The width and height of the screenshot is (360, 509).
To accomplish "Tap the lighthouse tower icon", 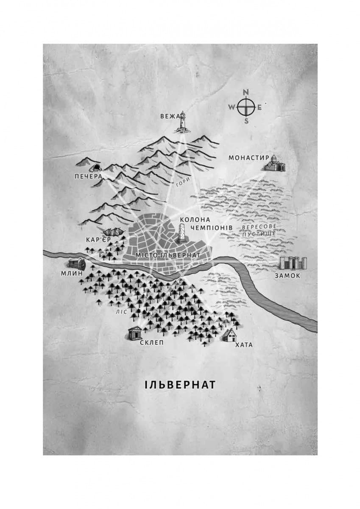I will pyautogui.click(x=183, y=121).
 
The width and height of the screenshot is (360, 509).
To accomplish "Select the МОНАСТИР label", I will pyautogui.click(x=249, y=158).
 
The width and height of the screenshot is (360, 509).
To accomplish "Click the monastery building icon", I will pyautogui.click(x=275, y=163).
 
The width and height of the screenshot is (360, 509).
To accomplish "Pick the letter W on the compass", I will pyautogui.click(x=232, y=107).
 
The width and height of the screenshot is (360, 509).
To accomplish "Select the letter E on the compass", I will pyautogui.click(x=260, y=107).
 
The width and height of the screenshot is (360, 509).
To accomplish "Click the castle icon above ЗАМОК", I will pyautogui.click(x=292, y=263).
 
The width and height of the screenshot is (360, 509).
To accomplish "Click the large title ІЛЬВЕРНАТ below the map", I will pyautogui.click(x=180, y=385).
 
